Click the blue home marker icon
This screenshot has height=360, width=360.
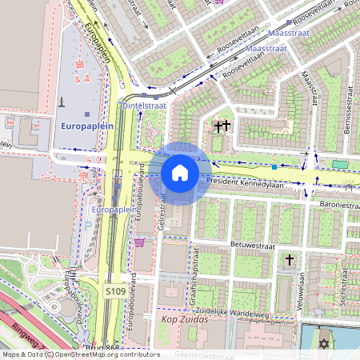[180, 173]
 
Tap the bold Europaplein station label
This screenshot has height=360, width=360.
[87, 126]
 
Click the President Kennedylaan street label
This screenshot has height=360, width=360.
[245, 182]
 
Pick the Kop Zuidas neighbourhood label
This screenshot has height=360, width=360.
[185, 319]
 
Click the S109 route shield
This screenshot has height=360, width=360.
[114, 293]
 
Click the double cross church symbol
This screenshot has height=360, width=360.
[222, 126]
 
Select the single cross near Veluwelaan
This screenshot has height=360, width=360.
[290, 261]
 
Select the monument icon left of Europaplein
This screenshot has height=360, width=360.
[61, 102]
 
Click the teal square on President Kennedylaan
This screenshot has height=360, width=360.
[274, 167]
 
